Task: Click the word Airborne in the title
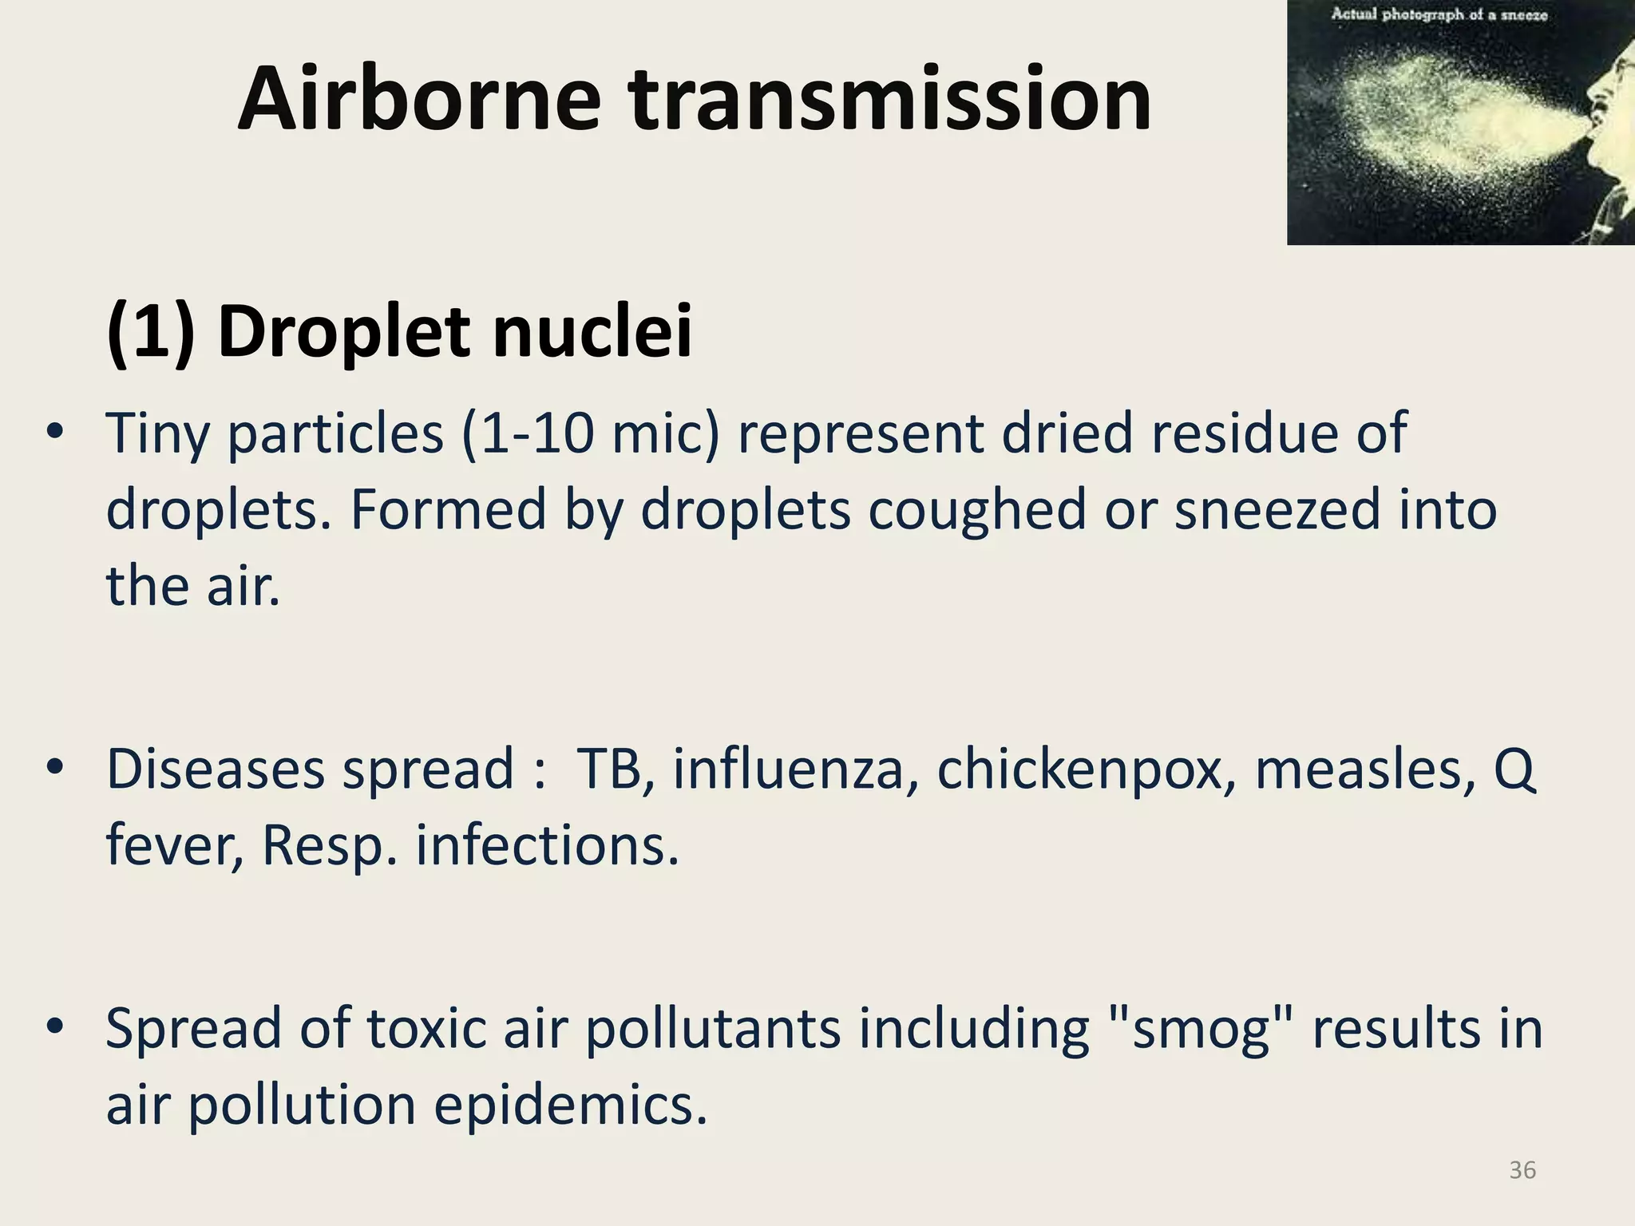[418, 99]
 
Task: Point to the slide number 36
[1522, 1170]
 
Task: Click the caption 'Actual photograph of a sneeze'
[1439, 14]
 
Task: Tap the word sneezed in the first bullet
[1277, 511]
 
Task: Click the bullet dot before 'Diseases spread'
[54, 768]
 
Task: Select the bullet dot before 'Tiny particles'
[54, 432]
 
